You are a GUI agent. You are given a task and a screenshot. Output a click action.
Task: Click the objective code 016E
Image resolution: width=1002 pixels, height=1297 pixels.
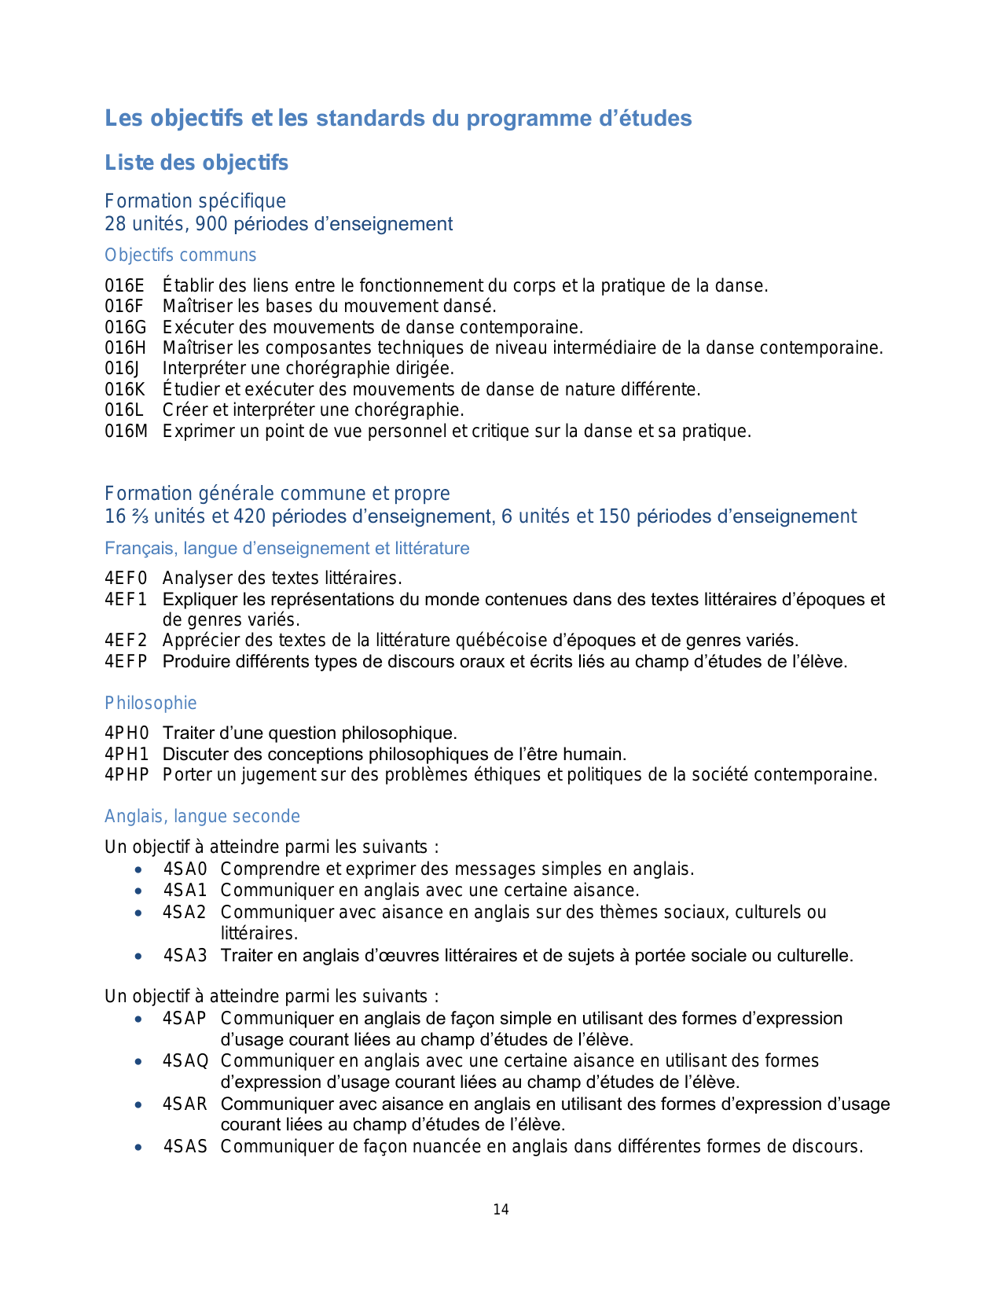pos(125,286)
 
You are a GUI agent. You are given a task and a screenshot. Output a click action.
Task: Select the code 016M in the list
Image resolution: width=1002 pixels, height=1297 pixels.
pos(127,432)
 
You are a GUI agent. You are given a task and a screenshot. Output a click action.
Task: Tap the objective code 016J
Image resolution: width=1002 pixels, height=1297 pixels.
pos(122,369)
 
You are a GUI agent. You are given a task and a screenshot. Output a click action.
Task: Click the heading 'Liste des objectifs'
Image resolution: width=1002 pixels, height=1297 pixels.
pos(196,163)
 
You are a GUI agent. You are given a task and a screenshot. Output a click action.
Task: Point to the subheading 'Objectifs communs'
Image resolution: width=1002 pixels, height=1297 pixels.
pos(181,255)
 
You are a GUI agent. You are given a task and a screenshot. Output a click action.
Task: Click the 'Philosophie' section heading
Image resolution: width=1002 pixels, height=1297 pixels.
pos(151,704)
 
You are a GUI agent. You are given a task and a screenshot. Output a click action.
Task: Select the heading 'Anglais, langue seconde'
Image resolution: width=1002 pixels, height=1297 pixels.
pos(202,817)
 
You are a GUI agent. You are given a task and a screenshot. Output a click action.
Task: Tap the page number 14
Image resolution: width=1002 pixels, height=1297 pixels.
pos(501,1210)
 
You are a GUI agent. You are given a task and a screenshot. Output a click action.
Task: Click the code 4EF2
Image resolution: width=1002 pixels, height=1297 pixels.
pos(126,641)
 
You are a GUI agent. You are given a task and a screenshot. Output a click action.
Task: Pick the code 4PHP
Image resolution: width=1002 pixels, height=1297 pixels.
pos(127,775)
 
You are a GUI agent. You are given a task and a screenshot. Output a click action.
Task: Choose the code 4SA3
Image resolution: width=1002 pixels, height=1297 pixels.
pos(185,956)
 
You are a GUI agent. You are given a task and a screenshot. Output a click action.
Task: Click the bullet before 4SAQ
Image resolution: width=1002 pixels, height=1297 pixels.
pos(138,1061)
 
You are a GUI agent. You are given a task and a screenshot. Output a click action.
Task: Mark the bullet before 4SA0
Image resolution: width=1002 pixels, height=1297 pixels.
pos(138,869)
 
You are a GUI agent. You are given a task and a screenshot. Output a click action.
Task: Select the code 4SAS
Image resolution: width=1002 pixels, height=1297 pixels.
pos(185,1147)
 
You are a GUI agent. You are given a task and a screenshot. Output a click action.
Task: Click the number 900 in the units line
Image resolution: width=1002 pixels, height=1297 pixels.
pos(211,224)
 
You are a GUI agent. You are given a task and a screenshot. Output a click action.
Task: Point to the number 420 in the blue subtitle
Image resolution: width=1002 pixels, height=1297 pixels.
pos(245,516)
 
